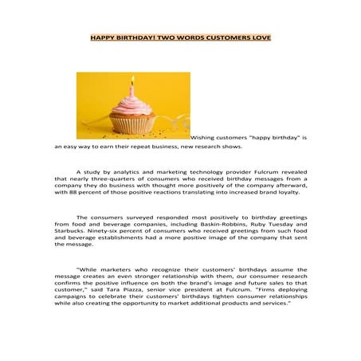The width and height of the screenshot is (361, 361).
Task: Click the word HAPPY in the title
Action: point(102,37)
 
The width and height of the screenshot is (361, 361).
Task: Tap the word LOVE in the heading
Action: point(259,37)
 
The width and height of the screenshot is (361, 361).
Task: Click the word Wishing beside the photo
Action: point(206,138)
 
